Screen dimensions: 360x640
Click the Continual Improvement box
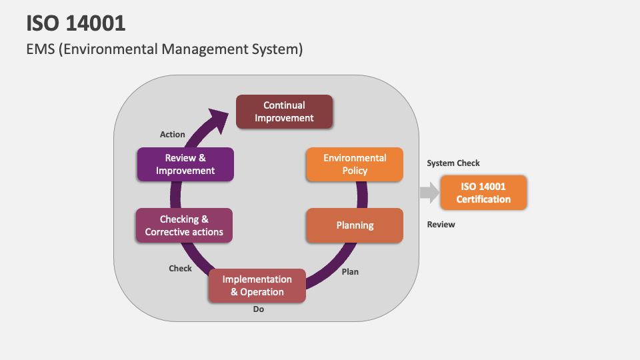pyautogui.click(x=284, y=111)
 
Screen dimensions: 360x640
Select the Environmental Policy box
pyautogui.click(x=355, y=164)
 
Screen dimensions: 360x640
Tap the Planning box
pyautogui.click(x=355, y=225)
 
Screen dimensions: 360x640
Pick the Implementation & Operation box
pyautogui.click(x=257, y=285)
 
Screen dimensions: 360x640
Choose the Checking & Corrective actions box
pyautogui.click(x=184, y=225)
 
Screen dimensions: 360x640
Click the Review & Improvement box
pyautogui.click(x=185, y=164)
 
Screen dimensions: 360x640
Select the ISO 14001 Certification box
pyautogui.click(x=483, y=193)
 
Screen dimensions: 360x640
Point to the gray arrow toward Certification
pyautogui.click(x=429, y=193)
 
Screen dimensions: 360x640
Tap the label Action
pyautogui.click(x=173, y=134)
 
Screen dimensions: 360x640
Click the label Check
pyautogui.click(x=180, y=268)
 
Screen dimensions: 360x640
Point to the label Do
pyautogui.click(x=259, y=309)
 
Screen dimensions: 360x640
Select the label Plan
pyautogui.click(x=350, y=271)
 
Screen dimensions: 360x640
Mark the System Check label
pyautogui.click(x=453, y=163)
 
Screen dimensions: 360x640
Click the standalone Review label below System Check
pyautogui.click(x=441, y=225)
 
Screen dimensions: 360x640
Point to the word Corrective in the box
pyautogui.click(x=171, y=232)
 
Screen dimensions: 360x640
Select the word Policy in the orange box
pyautogui.click(x=355, y=171)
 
